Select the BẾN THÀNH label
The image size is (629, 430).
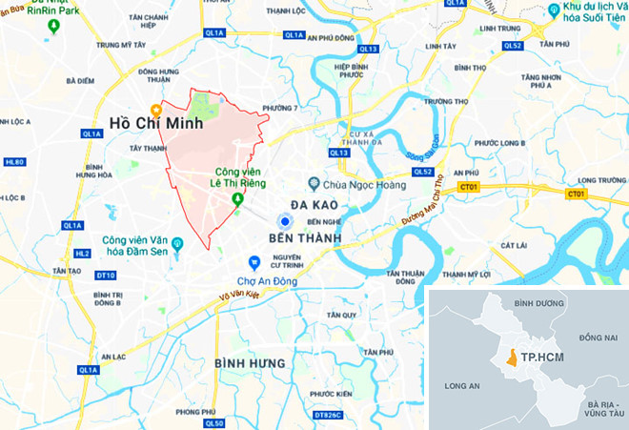pos(305,235)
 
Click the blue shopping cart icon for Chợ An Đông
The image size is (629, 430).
pos(254,262)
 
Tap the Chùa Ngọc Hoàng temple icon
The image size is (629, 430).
pos(313,183)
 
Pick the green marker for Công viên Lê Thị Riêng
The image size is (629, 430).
pos(237,198)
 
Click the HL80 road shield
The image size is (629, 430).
pos(13,162)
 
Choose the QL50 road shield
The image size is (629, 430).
pos(214,423)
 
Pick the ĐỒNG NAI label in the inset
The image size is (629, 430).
pos(598,338)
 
